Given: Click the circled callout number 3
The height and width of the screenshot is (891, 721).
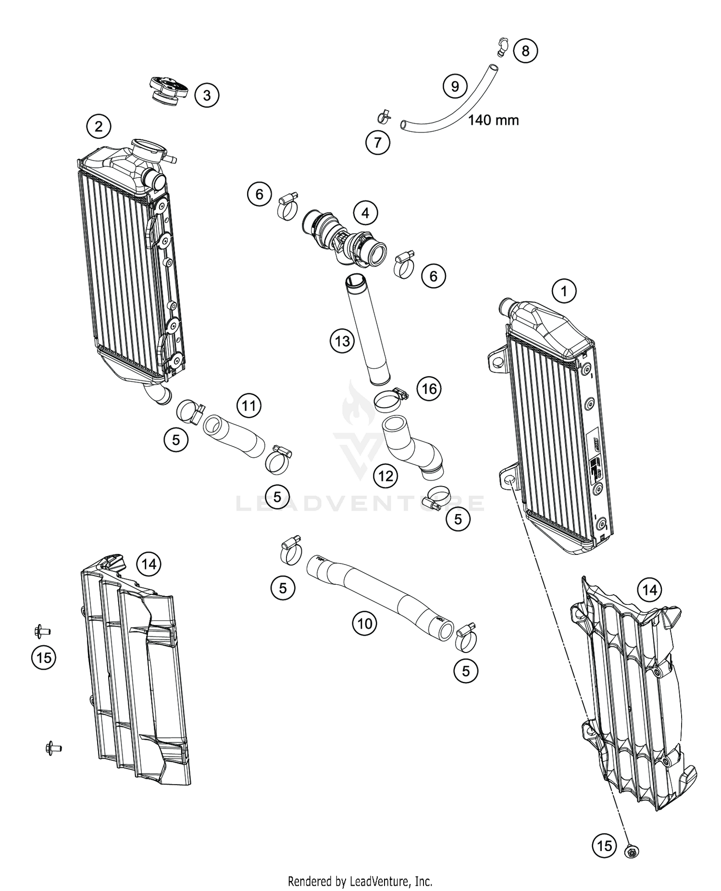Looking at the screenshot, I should (x=207, y=95).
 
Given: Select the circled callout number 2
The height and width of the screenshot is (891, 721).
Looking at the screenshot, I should (x=99, y=126).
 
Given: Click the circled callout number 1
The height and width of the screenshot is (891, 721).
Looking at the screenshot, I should (x=564, y=291).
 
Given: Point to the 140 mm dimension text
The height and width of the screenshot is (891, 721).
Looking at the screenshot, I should (x=494, y=120).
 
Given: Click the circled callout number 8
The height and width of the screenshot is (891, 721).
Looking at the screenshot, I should (x=525, y=50).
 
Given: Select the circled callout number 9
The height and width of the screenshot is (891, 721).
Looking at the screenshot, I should (x=455, y=86).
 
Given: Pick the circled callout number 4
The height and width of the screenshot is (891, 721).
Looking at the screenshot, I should (x=366, y=213).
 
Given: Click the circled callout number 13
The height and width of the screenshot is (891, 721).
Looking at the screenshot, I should (x=342, y=341).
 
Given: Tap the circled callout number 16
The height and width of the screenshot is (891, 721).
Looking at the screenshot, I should (x=429, y=388).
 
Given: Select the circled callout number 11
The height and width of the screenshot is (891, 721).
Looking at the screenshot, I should (x=249, y=406).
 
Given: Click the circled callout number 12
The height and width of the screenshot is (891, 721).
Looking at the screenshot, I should (x=385, y=476).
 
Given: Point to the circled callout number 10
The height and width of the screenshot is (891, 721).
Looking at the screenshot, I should (x=365, y=624).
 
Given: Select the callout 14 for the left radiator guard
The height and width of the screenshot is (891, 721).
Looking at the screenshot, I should (x=149, y=563).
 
